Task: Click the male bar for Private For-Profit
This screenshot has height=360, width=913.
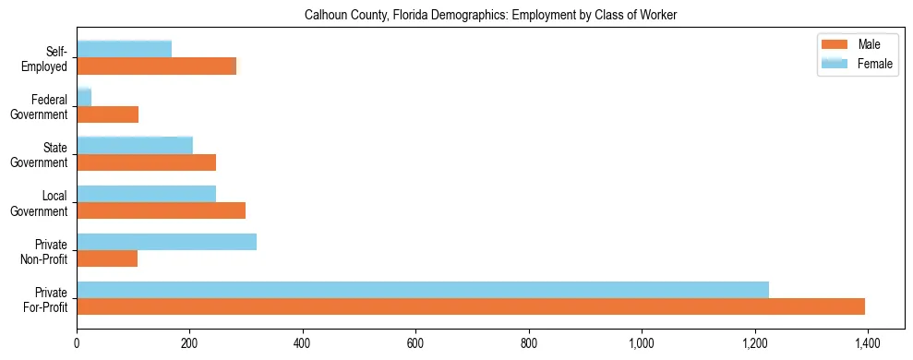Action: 471,306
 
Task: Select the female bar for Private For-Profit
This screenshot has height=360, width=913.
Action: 423,289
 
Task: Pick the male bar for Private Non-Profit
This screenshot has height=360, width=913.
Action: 107,258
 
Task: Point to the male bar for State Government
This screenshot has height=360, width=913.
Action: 147,162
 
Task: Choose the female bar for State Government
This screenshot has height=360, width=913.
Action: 135,145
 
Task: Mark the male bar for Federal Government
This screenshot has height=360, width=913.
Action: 108,114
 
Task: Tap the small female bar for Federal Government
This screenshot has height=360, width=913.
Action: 84,97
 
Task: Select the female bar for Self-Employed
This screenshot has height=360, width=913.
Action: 125,49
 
